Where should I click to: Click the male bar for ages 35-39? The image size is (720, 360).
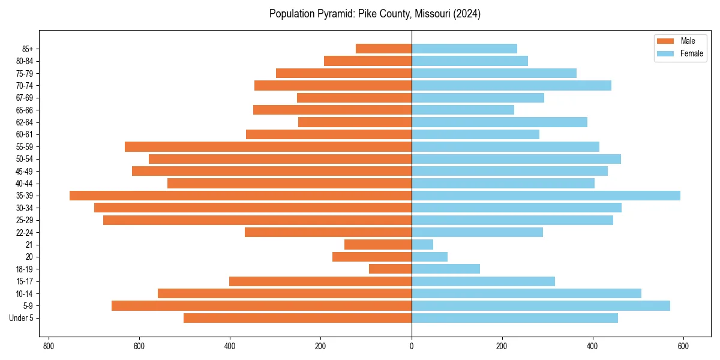[240, 196]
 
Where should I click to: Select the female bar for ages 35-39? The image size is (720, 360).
[546, 196]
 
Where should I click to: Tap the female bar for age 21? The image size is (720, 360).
[422, 245]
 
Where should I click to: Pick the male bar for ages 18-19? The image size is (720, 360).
[390, 269]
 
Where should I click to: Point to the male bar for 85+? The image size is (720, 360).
[384, 49]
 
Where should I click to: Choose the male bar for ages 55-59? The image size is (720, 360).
[268, 146]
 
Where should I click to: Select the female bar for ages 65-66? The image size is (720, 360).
[463, 110]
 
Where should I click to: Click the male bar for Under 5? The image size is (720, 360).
[298, 318]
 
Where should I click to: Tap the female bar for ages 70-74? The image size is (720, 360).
[511, 85]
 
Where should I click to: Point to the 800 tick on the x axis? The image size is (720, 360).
[49, 346]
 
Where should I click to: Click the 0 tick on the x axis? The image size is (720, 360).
[412, 346]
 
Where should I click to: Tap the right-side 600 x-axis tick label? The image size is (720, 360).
[683, 346]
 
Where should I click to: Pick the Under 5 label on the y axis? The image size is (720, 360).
[22, 318]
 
